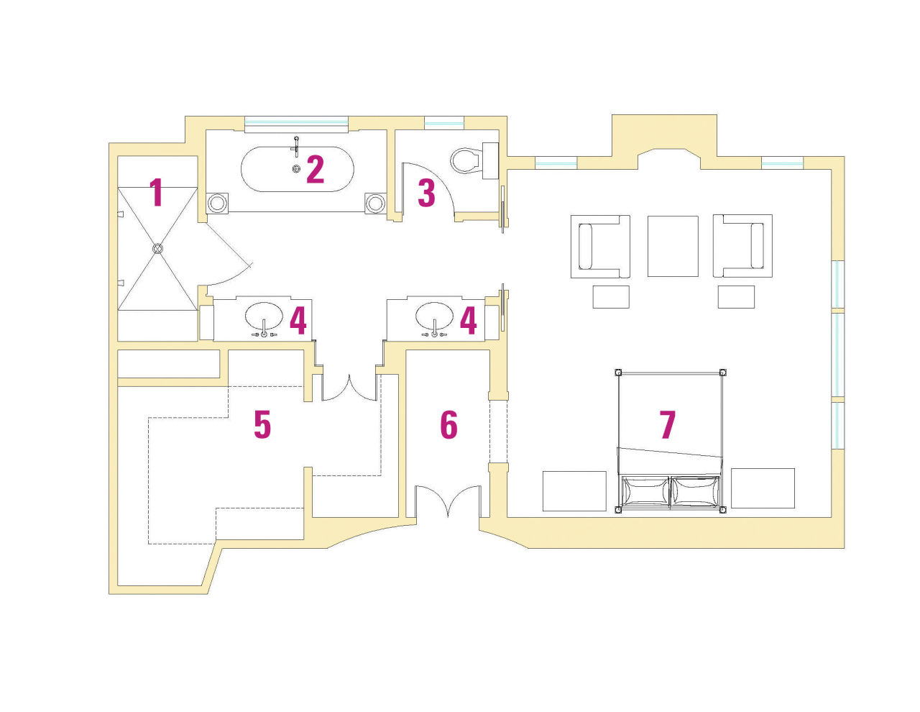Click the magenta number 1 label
(156, 192)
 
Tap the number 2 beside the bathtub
(315, 169)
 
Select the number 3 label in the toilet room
(426, 193)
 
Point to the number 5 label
(262, 424)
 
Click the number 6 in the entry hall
(448, 424)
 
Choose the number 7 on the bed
(668, 424)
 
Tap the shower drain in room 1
(158, 248)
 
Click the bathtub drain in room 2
(296, 168)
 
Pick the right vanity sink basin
(435, 315)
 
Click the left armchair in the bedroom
(600, 246)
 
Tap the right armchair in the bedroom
(742, 246)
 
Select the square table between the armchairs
(673, 246)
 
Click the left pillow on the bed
(645, 492)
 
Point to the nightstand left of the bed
(574, 490)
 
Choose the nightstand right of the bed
(763, 488)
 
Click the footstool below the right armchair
(736, 296)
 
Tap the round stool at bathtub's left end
(217, 203)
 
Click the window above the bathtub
(296, 123)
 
